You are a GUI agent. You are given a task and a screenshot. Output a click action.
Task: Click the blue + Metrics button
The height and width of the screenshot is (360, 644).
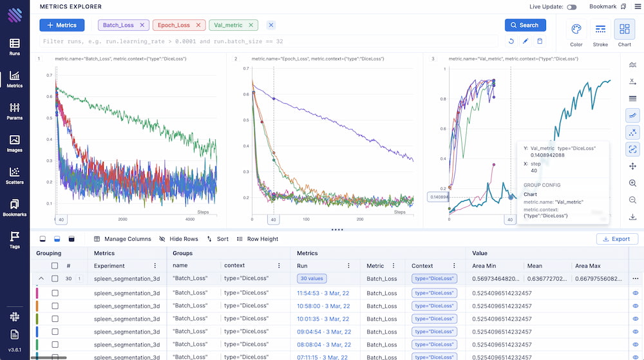61,25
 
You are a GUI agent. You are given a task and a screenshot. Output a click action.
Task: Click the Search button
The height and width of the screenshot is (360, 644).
525,25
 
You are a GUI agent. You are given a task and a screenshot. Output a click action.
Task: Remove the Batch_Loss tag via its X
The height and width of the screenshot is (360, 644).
142,25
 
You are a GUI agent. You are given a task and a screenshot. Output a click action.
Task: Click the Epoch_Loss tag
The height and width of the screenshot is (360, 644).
174,25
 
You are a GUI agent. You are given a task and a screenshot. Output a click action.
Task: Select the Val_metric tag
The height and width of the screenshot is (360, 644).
229,25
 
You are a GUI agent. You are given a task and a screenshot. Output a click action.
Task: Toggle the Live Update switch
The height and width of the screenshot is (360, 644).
571,7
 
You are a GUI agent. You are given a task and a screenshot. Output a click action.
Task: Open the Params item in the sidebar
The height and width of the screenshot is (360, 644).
14,111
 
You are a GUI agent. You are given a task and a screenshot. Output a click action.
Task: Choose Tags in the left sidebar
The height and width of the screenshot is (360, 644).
14,240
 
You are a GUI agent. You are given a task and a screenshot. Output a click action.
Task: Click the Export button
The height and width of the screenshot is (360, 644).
617,239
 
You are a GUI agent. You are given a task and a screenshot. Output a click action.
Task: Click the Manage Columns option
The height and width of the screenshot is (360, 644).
122,239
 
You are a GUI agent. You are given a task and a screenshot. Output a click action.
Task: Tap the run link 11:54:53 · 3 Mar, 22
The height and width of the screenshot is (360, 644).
323,292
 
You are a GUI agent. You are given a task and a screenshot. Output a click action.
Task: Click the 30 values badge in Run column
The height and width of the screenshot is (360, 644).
312,278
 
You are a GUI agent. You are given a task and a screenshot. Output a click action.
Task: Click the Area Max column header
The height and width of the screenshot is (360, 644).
587,265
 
